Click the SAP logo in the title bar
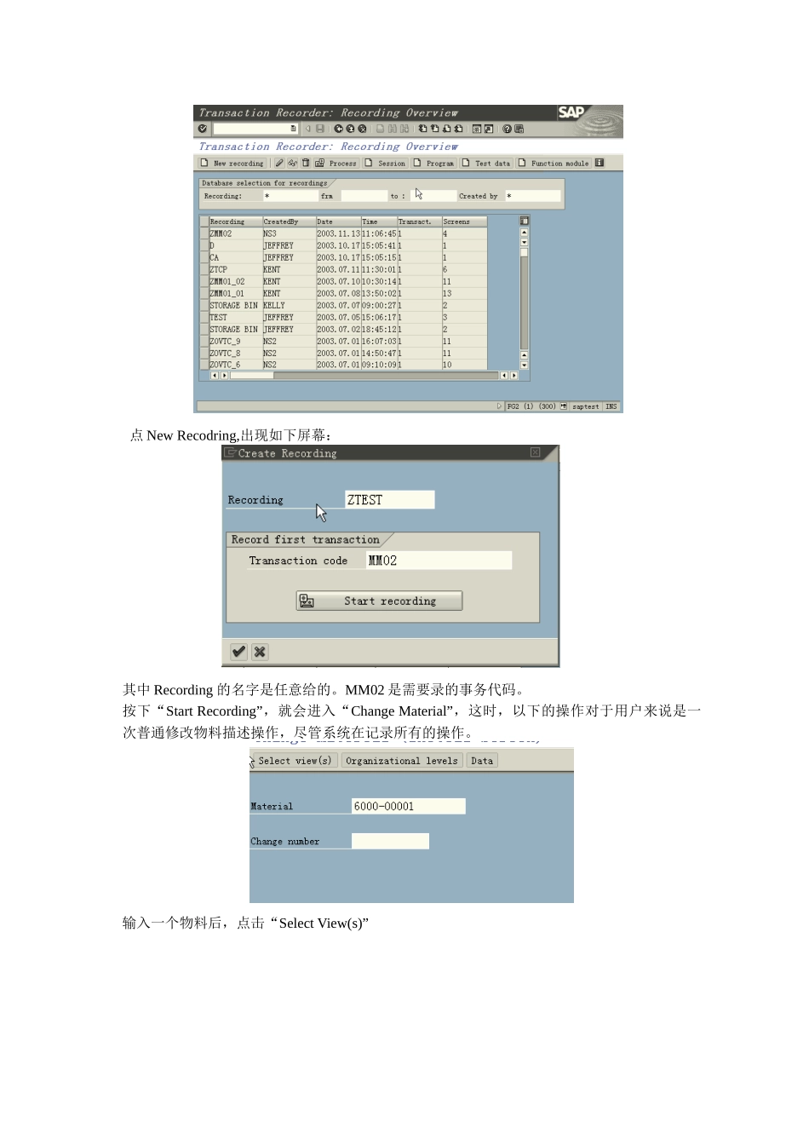click(x=571, y=112)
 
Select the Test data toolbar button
click(x=487, y=164)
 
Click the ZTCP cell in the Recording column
click(x=220, y=269)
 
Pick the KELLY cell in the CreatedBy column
click(x=274, y=305)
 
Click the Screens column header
click(x=457, y=222)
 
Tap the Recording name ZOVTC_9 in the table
click(x=226, y=341)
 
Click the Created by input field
click(x=533, y=196)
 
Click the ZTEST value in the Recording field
click(x=389, y=500)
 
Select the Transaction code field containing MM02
click(x=439, y=561)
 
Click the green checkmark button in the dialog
click(x=239, y=652)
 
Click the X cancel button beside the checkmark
click(x=260, y=652)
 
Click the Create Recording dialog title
click(x=287, y=454)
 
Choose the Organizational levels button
click(x=402, y=761)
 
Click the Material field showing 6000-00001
click(x=408, y=806)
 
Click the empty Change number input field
click(x=390, y=842)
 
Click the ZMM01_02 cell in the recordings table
click(x=227, y=281)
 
